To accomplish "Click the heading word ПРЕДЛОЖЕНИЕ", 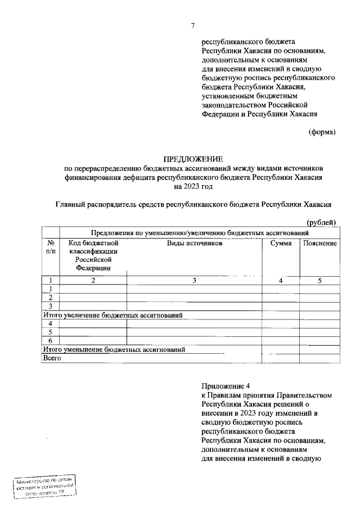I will (x=193, y=159).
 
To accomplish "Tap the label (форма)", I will (x=322, y=132).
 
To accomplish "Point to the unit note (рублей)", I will (x=322, y=223).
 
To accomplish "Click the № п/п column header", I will (x=51, y=247).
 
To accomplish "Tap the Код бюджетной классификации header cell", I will (x=93, y=255).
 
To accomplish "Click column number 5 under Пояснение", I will (x=319, y=281).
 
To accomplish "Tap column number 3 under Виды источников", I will (x=194, y=281).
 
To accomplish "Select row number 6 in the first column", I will (x=51, y=341).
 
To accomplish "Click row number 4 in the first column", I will (x=51, y=324).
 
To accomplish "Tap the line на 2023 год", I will (x=193, y=185).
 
